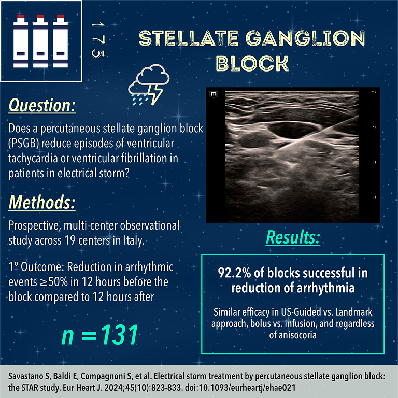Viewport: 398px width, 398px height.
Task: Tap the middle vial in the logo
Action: [40, 40]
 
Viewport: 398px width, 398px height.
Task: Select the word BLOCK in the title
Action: [252, 63]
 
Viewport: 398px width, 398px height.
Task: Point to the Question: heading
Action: [42, 106]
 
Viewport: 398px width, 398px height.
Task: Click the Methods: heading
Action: [42, 202]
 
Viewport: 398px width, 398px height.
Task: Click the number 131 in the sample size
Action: [113, 335]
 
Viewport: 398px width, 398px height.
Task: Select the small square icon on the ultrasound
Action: [213, 94]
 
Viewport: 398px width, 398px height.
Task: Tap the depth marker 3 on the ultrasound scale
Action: [375, 198]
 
